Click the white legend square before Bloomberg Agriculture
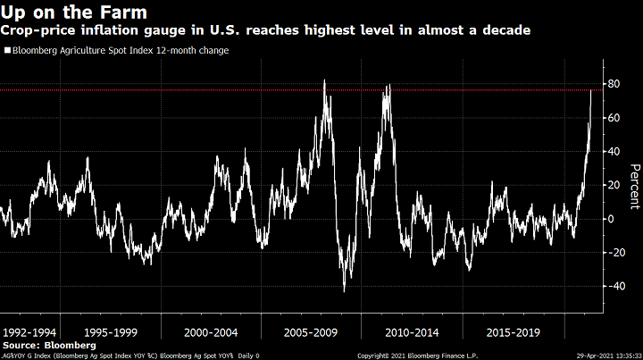(7, 51)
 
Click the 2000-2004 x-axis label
(211, 331)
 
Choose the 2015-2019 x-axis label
(513, 331)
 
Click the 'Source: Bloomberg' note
(39, 344)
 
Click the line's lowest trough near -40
(345, 290)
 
